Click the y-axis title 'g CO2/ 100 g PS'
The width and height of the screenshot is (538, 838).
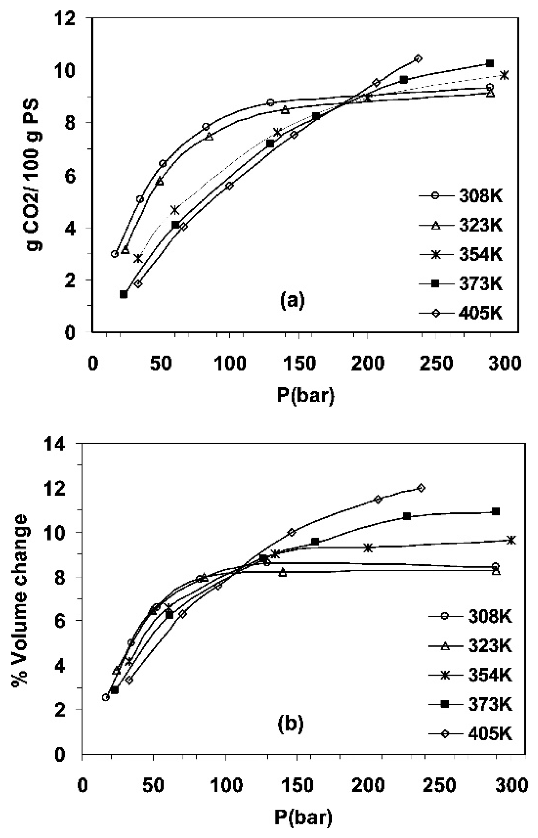tap(35, 175)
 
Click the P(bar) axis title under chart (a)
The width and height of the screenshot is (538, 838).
tap(306, 395)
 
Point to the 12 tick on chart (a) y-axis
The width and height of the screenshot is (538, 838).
tap(66, 18)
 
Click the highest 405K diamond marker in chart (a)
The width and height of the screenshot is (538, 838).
tap(418, 58)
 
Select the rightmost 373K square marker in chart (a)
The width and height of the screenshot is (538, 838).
tap(490, 63)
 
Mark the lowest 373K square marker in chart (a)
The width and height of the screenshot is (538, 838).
tap(124, 294)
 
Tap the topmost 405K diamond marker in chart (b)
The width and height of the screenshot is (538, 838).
tap(421, 488)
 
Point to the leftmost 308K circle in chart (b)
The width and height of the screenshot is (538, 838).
tap(105, 697)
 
